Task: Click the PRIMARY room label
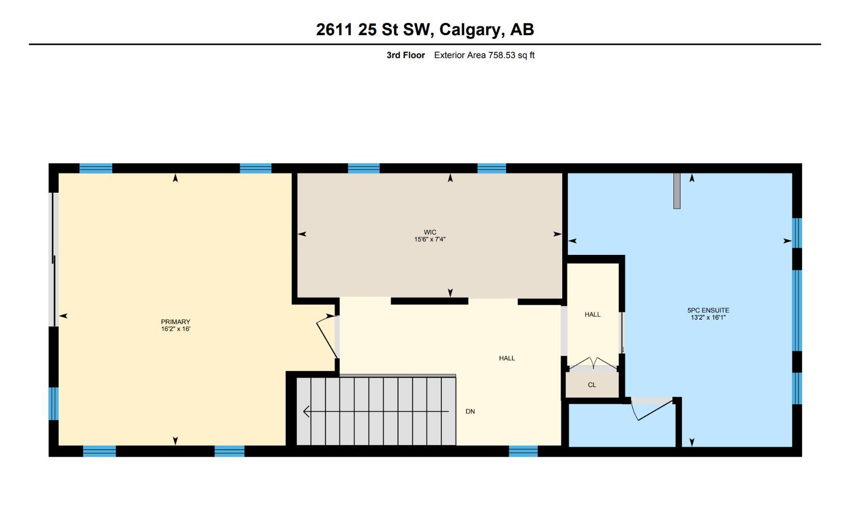click(176, 322)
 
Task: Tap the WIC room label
click(430, 232)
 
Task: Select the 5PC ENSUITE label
click(708, 310)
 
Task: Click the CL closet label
click(592, 385)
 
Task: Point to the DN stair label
click(470, 411)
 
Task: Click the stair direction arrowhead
click(306, 411)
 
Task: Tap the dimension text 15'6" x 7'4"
click(430, 239)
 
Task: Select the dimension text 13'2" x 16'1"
click(708, 317)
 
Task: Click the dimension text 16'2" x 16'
click(176, 329)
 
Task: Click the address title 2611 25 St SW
click(424, 30)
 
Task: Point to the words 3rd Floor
click(406, 55)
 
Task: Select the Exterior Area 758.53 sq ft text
click(484, 55)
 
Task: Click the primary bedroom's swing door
click(327, 336)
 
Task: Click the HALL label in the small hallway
click(592, 315)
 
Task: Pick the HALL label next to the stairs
click(507, 358)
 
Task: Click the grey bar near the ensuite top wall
click(677, 191)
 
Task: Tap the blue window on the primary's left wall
click(54, 403)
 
